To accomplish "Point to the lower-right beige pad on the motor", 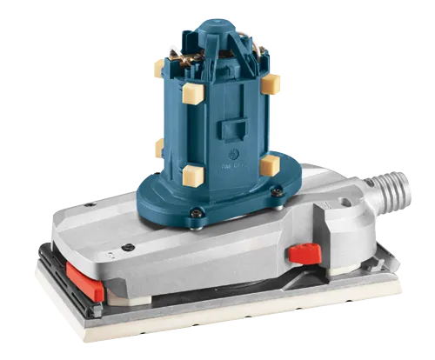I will click(269, 164).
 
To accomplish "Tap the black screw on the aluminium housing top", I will click(128, 248).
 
